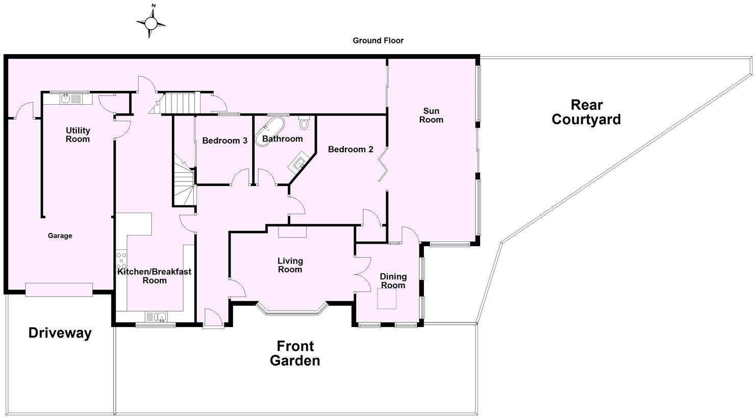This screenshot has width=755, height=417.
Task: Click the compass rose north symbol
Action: (x=151, y=22)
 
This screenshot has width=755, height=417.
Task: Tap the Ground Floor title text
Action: (x=378, y=40)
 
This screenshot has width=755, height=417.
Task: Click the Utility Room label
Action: (x=78, y=135)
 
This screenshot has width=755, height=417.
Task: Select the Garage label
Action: (x=60, y=236)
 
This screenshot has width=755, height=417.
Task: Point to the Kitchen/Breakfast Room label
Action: (x=154, y=276)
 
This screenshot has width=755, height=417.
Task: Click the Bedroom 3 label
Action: (x=224, y=141)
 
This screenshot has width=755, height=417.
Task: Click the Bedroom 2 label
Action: (x=350, y=149)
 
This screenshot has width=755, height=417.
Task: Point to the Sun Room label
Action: (x=431, y=115)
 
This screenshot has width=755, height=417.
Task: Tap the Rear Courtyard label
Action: (x=586, y=112)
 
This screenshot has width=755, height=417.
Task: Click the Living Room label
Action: (x=290, y=265)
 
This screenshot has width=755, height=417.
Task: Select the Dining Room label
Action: (x=393, y=281)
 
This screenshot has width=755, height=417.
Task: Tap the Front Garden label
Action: (x=295, y=354)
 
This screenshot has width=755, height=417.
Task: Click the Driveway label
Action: (x=60, y=333)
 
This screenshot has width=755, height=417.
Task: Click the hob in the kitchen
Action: (x=121, y=260)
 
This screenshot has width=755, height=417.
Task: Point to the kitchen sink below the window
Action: (x=157, y=317)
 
